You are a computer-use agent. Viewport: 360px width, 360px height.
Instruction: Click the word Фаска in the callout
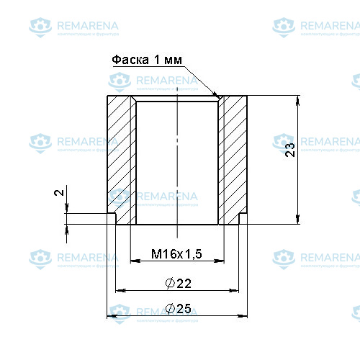click(130, 60)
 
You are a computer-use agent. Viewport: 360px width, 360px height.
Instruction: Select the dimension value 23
click(290, 150)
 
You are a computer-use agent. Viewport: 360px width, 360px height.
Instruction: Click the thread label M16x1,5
click(176, 254)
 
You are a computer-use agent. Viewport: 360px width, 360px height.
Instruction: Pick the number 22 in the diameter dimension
click(183, 282)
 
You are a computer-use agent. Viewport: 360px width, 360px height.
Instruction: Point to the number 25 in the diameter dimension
click(183, 308)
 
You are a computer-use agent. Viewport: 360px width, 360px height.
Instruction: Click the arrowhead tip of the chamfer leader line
click(218, 96)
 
